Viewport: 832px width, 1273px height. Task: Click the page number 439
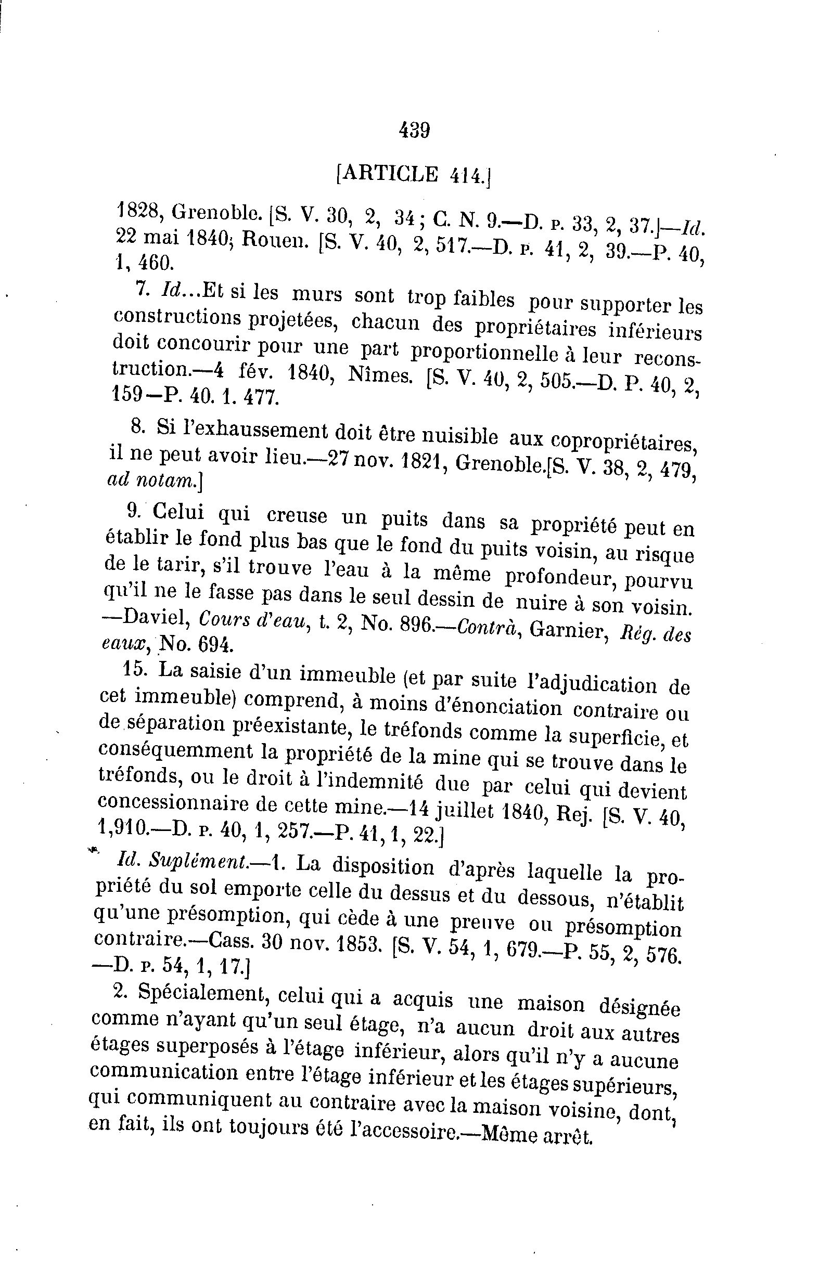pos(415,129)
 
